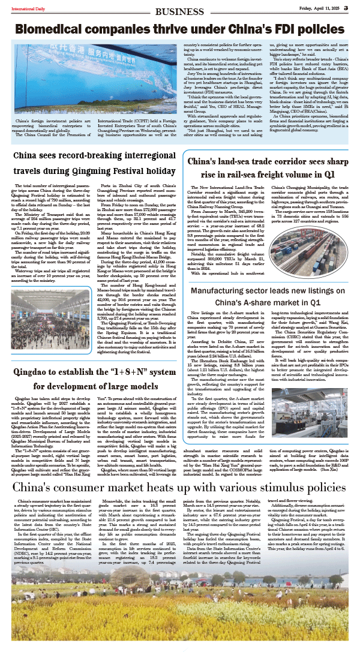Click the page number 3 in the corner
355,7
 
